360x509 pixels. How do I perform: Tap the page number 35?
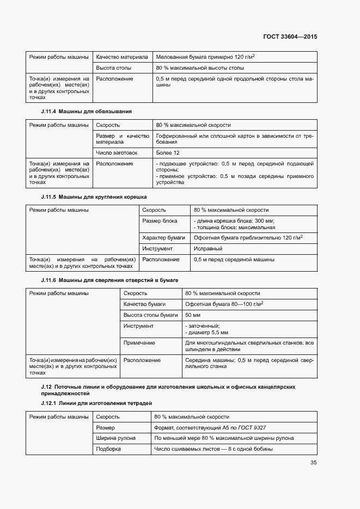[313, 463]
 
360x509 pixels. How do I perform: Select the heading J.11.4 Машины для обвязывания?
[86, 111]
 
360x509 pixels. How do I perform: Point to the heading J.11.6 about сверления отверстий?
[109, 279]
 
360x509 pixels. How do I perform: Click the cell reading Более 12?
[167, 152]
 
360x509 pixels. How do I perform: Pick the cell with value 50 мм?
[193, 315]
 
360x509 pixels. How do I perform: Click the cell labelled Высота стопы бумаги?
[150, 315]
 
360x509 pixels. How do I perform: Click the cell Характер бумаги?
[163, 237]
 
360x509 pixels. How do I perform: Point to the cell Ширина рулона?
[115, 438]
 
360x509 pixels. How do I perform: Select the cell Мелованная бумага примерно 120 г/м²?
[205, 57]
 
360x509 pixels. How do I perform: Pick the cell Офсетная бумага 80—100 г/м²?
[224, 304]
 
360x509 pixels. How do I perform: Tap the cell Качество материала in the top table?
[121, 57]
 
